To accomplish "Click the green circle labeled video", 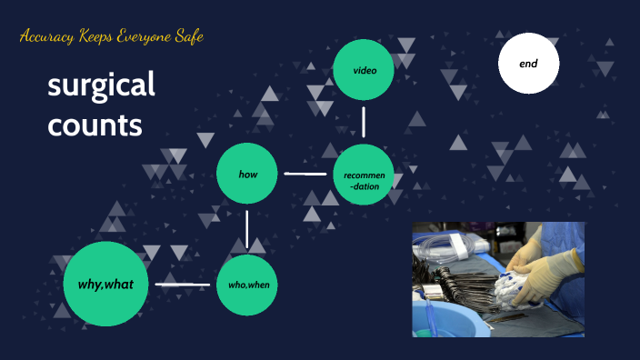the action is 364,69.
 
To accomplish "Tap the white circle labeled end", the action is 528,64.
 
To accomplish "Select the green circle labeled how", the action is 246,172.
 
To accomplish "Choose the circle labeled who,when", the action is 247,285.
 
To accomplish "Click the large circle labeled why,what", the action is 106,285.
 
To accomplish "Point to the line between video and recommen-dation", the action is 364,121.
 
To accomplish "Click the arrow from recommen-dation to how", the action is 305,173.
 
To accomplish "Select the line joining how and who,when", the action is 247,228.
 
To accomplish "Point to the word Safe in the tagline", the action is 186,37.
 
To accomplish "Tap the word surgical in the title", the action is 101,87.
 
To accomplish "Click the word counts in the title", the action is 95,125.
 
